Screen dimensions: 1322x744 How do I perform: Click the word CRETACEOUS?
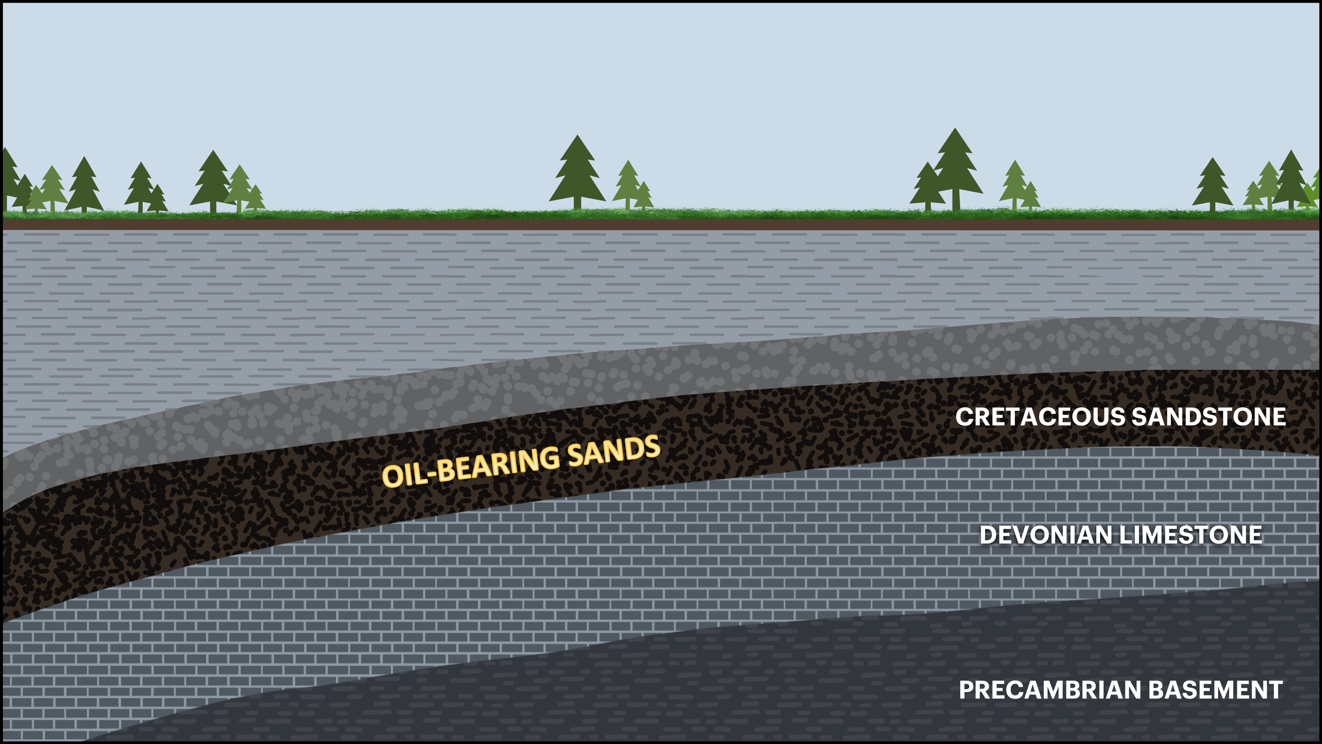coord(1040,417)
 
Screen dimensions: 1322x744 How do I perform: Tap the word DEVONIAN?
coord(1046,535)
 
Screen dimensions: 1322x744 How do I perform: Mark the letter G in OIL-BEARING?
coord(548,459)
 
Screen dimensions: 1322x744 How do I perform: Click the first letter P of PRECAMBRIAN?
coord(967,690)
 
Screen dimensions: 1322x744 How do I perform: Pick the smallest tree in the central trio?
coord(644,197)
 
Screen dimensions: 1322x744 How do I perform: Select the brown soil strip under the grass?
coord(661,224)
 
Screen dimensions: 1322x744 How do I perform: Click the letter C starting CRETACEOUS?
coord(964,417)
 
